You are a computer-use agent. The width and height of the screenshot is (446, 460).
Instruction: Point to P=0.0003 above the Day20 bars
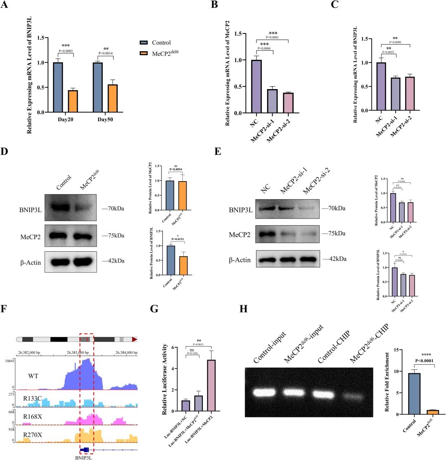(66, 51)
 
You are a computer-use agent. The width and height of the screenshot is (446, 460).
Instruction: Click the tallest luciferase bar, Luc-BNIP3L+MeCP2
(211, 387)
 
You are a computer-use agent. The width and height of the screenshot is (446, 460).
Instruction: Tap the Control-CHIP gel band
(326, 393)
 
